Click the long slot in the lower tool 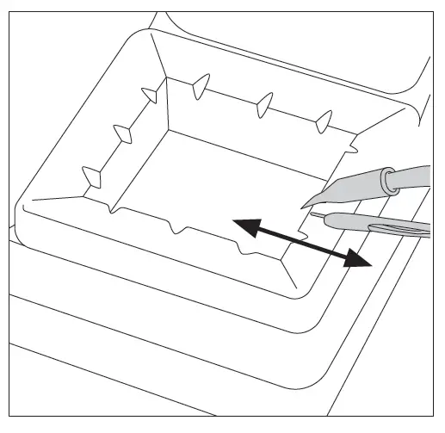pyautogui.click(x=396, y=227)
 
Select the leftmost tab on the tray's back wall pyautogui.click(x=200, y=84)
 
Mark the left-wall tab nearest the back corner pyautogui.click(x=148, y=92)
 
